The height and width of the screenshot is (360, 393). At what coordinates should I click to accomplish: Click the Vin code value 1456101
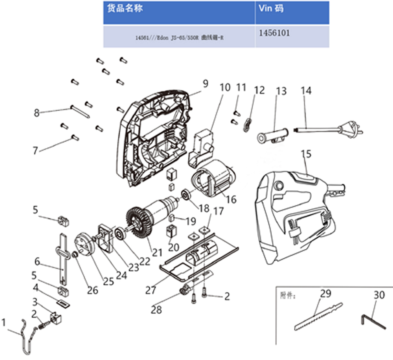[x=274, y=33]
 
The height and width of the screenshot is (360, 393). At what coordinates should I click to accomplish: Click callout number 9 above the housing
[x=205, y=84]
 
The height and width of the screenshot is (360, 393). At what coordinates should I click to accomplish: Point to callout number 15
[x=306, y=154]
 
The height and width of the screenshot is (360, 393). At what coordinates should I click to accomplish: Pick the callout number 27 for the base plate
[x=151, y=290]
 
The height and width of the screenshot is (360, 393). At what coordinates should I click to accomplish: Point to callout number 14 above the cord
[x=306, y=91]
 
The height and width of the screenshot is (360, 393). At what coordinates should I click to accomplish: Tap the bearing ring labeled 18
[x=185, y=194]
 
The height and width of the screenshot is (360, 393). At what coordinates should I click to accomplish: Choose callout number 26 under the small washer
[x=93, y=291]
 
